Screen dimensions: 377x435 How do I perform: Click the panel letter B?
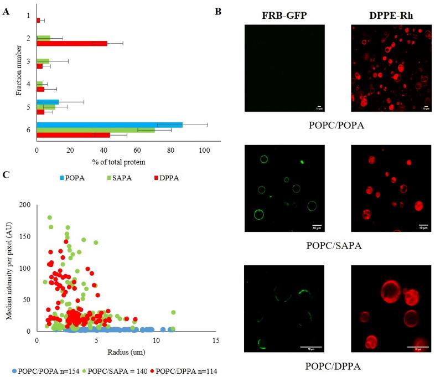(217, 11)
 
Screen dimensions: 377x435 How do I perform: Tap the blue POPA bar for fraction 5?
(48, 102)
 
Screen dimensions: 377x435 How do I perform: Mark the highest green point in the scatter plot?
(50, 218)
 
